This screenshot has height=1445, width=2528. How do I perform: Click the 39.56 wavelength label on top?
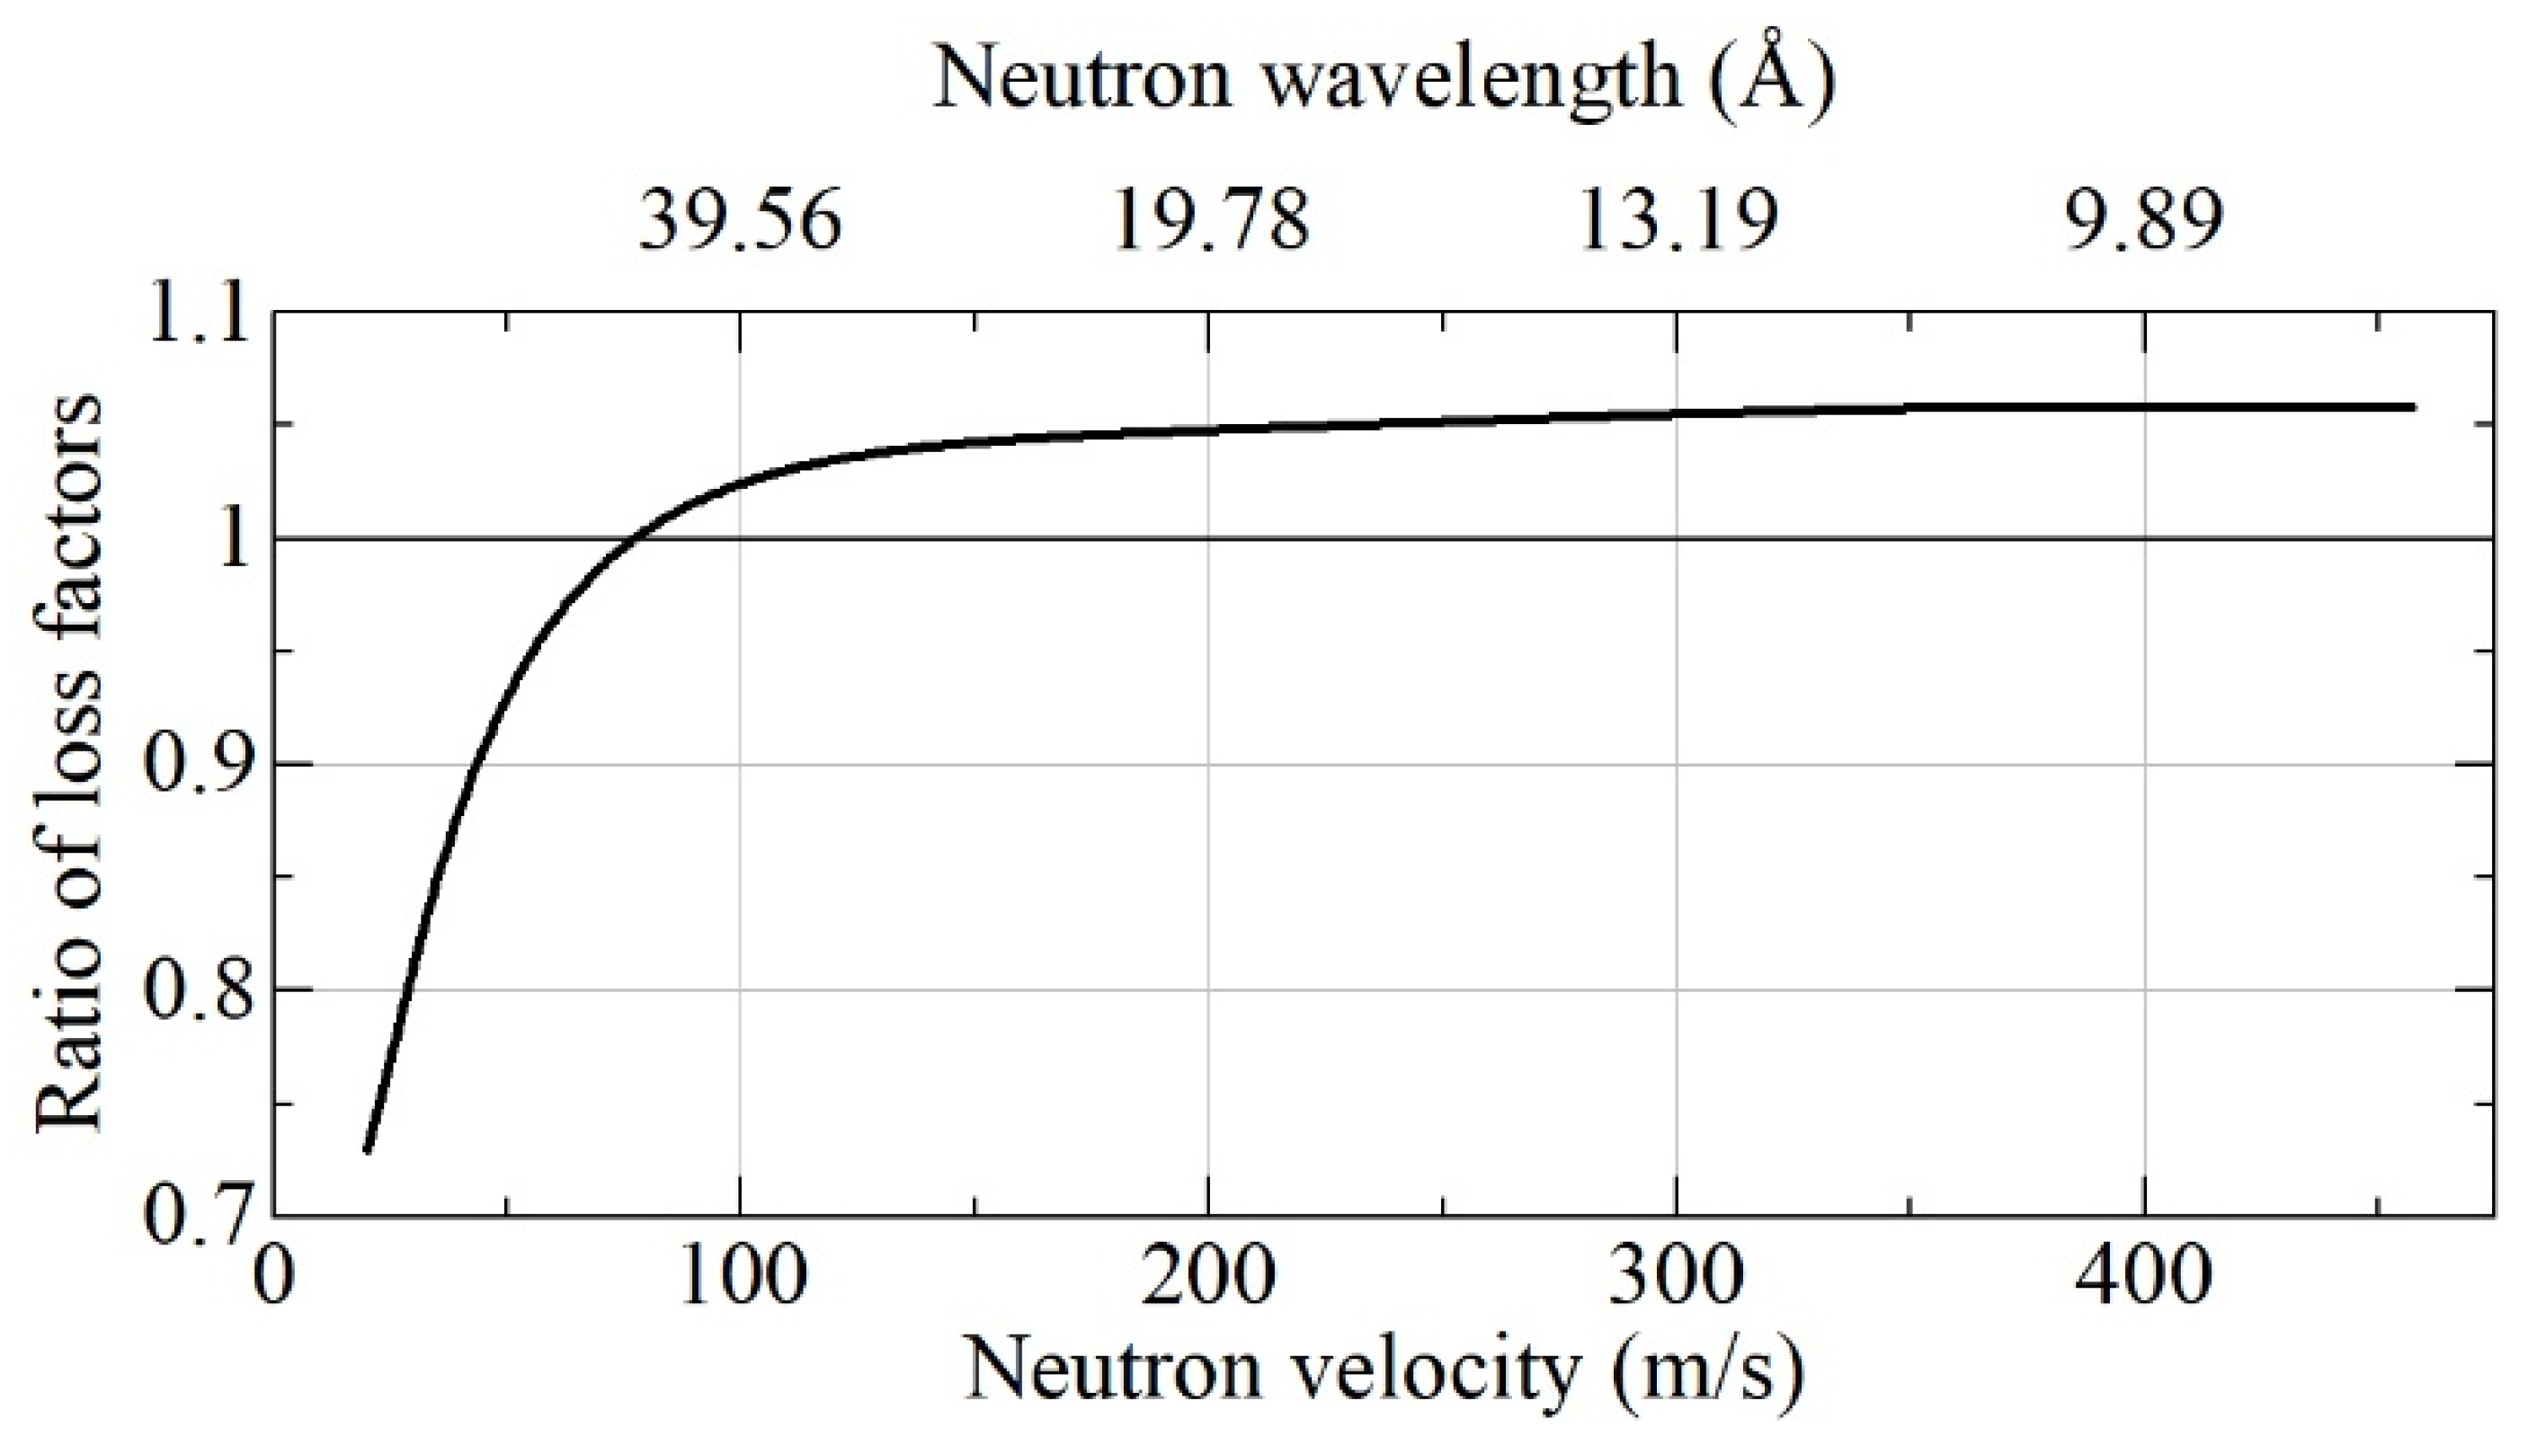point(741,220)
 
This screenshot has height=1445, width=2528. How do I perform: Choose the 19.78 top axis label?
point(1210,220)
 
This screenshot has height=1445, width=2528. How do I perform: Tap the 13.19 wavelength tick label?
point(1677,220)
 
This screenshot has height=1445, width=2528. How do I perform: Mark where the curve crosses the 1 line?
point(636,540)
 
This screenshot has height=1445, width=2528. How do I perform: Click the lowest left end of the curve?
point(367,1151)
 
